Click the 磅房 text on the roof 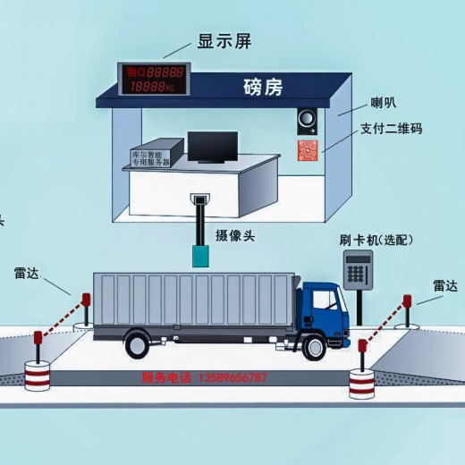click(262, 88)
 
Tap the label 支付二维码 click(391, 130)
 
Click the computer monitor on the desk click(212, 149)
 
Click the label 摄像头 click(235, 235)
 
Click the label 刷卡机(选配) click(373, 240)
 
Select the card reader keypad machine click(359, 271)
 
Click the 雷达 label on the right click(444, 286)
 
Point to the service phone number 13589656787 click(204, 378)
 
